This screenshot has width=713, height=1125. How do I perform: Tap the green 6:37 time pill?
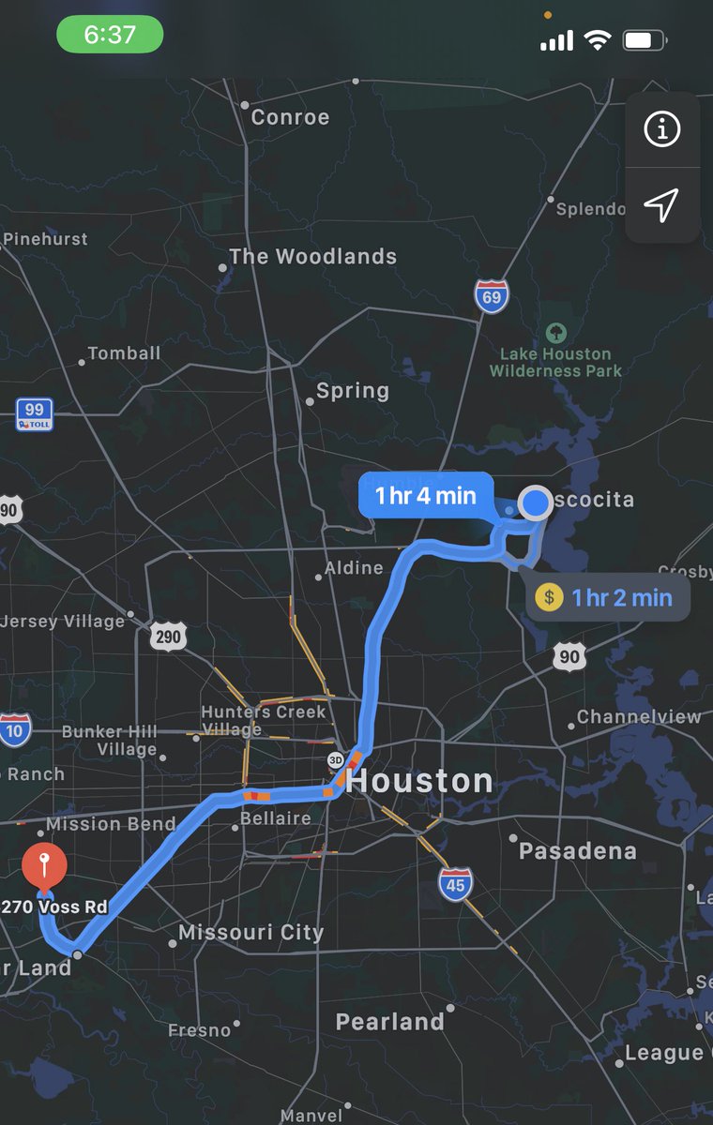[110, 36]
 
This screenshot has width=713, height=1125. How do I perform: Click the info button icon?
[662, 130]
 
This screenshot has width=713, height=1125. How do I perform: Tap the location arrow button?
[662, 204]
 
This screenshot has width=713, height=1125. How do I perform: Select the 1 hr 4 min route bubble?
[426, 496]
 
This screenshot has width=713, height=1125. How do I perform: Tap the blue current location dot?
[536, 502]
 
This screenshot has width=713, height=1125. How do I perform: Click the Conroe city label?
[290, 117]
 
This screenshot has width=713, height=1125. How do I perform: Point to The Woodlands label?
[312, 256]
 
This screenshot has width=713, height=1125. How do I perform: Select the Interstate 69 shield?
[492, 296]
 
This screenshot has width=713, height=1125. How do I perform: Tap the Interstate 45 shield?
[455, 884]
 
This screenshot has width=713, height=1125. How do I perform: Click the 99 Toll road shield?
[34, 413]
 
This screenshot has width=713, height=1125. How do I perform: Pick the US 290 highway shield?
[168, 637]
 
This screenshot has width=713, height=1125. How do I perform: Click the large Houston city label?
[419, 781]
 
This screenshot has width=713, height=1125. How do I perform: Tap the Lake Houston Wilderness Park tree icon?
[556, 333]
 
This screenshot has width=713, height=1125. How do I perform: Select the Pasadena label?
[577, 851]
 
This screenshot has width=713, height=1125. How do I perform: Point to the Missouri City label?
[250, 933]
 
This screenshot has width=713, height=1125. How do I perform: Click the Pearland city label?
[389, 1021]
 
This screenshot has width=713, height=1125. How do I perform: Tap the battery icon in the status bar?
[645, 40]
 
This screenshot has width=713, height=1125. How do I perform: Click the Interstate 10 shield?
[15, 729]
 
